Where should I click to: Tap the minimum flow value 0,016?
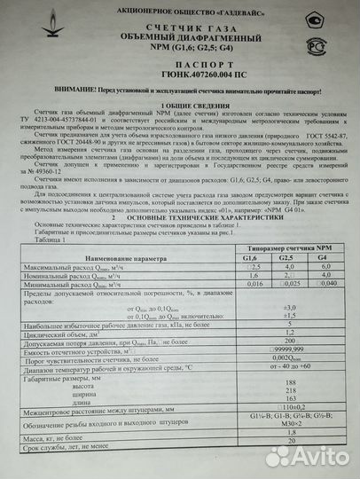pyautogui.click(x=253, y=286)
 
